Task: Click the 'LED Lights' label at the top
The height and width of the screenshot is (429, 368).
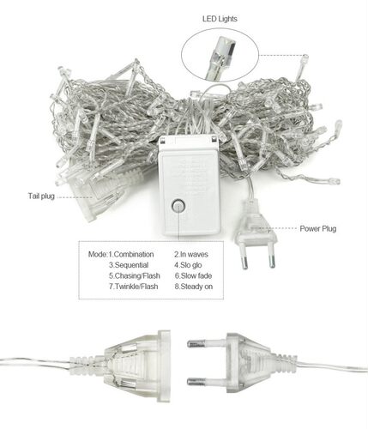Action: [x=220, y=19]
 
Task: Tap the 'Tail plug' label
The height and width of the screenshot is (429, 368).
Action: [x=41, y=196]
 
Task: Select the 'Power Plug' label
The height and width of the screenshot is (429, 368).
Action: [x=318, y=228]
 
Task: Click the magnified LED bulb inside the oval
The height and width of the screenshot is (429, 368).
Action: [x=220, y=58]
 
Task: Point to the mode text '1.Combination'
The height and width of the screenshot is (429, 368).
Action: [x=131, y=254]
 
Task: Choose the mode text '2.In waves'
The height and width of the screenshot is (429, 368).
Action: [x=191, y=254]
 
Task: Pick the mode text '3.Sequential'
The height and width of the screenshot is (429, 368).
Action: [x=129, y=265]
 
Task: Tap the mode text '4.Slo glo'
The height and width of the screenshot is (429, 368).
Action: [x=188, y=265]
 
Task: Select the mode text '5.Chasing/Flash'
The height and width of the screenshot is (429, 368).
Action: [x=135, y=275]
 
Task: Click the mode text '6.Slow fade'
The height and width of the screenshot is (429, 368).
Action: [x=193, y=275]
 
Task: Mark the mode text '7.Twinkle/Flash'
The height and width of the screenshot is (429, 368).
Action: [x=133, y=287]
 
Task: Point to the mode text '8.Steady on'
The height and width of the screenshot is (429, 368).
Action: [x=194, y=287]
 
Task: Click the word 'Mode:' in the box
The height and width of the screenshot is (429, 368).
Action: [x=98, y=254]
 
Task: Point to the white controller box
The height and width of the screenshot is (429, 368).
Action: [x=190, y=185]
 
